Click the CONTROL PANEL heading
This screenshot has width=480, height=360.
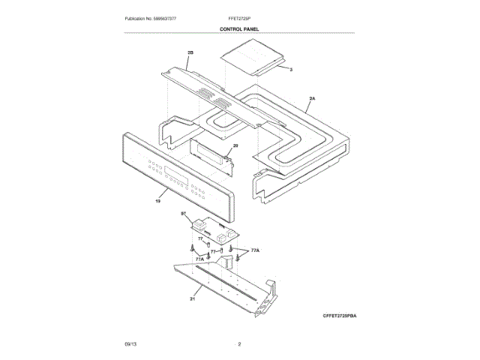(239, 29)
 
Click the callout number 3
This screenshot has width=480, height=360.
(291, 69)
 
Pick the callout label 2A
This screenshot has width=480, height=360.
(312, 98)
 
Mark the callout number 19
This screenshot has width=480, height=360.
(158, 201)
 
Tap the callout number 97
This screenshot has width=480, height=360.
(182, 214)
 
